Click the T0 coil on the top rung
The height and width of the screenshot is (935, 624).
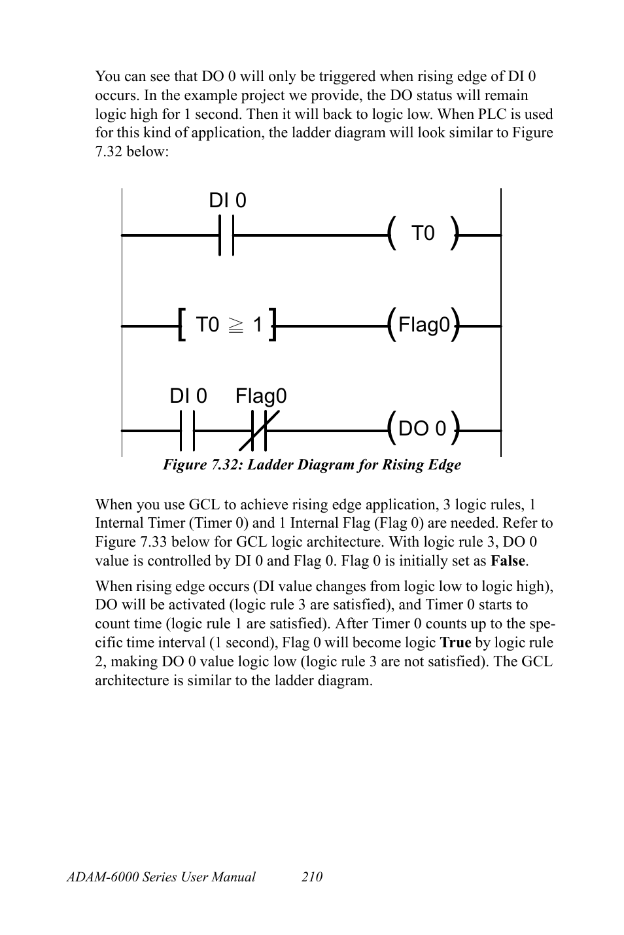pyautogui.click(x=423, y=233)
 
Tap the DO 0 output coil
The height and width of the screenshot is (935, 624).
pyautogui.click(x=423, y=429)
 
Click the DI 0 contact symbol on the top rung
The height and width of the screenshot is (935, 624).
pyautogui.click(x=226, y=233)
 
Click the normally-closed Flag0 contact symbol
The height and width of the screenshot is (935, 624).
pyautogui.click(x=260, y=431)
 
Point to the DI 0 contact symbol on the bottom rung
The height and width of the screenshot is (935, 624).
pyautogui.click(x=187, y=431)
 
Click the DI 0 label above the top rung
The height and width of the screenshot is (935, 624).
pyautogui.click(x=228, y=201)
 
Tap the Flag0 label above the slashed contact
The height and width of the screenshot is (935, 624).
pyautogui.click(x=261, y=396)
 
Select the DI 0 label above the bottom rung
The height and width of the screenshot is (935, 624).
pyautogui.click(x=188, y=396)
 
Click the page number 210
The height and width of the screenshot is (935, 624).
pyautogui.click(x=312, y=877)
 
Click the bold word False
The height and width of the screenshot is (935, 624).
pyautogui.click(x=508, y=561)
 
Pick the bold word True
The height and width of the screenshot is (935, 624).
pyautogui.click(x=456, y=643)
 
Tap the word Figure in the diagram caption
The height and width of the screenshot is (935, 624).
pyautogui.click(x=184, y=465)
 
